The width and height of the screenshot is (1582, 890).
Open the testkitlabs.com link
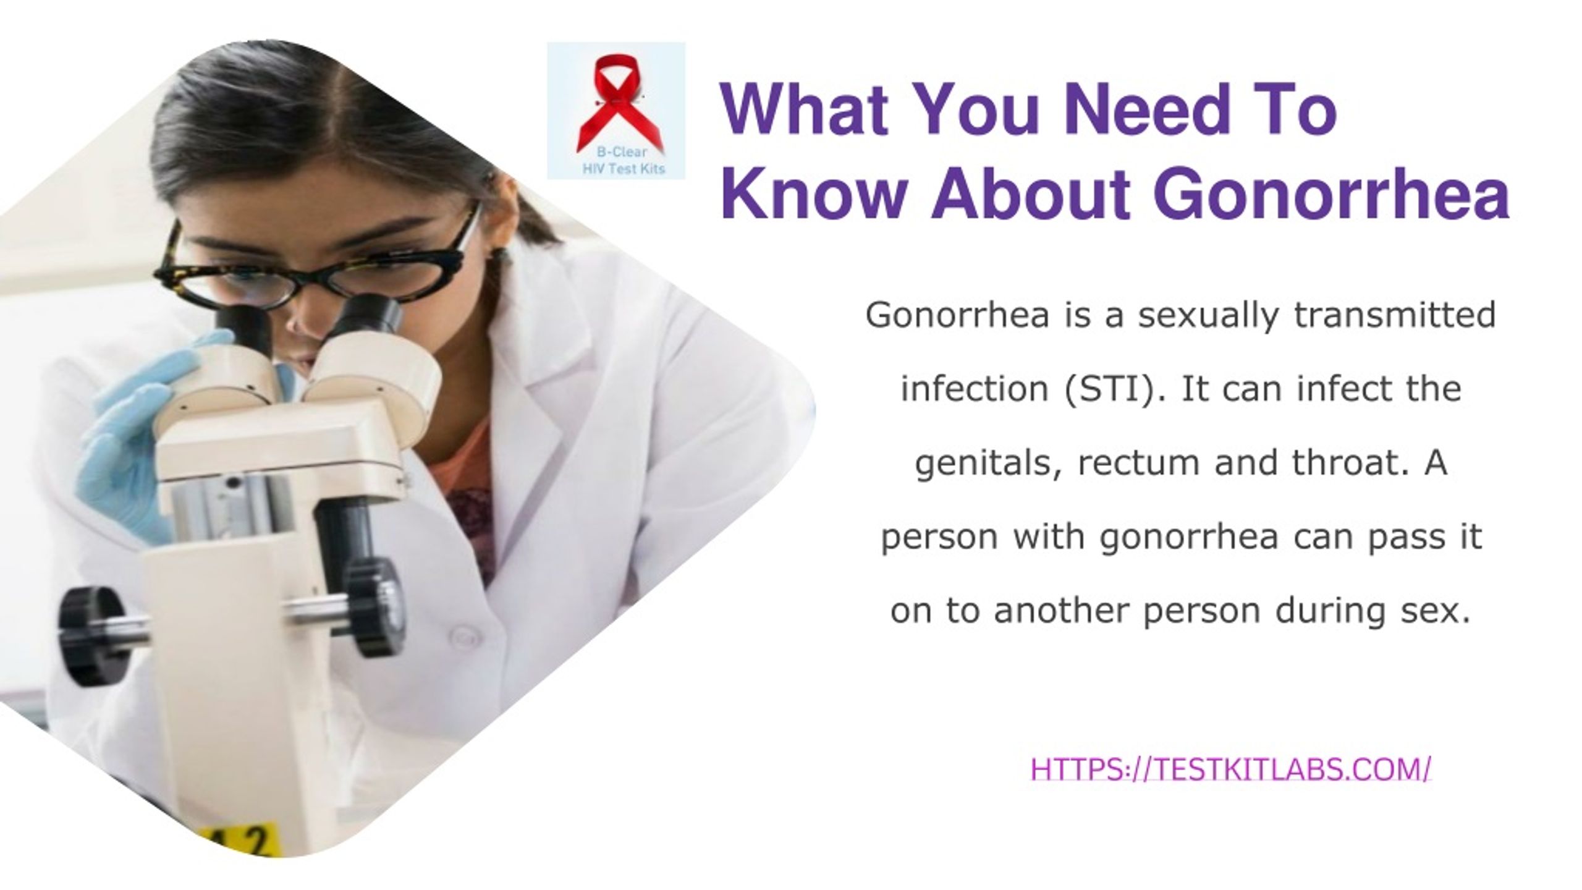1230,770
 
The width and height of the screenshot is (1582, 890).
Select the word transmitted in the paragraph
1394,315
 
